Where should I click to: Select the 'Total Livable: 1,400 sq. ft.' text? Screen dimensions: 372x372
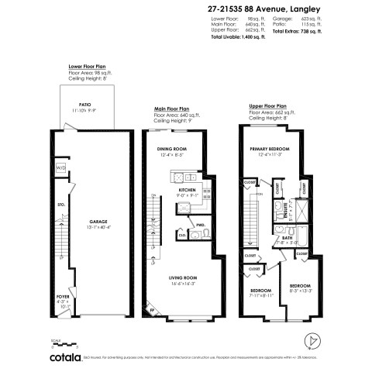click(241, 36)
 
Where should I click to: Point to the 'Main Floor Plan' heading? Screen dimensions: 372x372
click(173, 109)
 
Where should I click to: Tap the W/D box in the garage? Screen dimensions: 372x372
click(60, 167)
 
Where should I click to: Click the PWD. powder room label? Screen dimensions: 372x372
click(199, 227)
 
